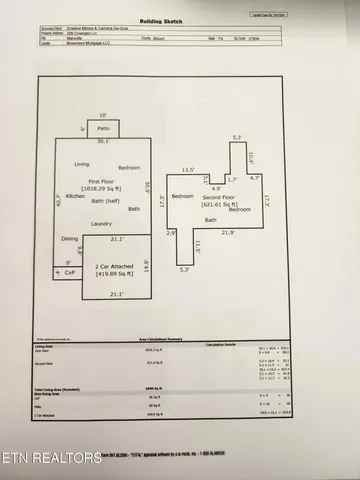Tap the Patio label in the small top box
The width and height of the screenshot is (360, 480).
103,129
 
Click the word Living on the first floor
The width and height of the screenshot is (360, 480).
82,164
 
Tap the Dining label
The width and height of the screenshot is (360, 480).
70,239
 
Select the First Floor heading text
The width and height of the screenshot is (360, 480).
101,181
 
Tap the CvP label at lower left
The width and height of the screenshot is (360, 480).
69,272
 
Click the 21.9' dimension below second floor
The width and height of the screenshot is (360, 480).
228,233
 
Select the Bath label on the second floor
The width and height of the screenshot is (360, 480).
211,220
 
